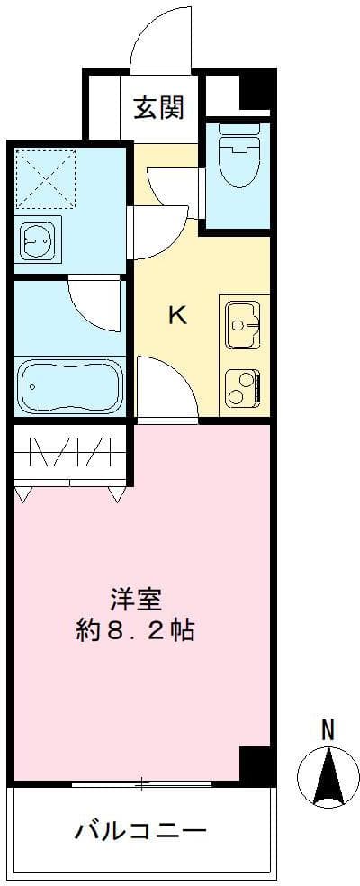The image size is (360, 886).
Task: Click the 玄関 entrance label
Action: point(159,108)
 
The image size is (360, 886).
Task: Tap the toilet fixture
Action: point(238,158)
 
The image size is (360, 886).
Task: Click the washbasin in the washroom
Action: point(38,240)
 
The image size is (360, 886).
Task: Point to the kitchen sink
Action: point(244,322)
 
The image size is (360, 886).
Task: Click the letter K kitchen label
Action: point(178,315)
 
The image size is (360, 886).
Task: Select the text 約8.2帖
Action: point(135,629)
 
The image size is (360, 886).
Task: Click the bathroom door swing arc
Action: point(94,302)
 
